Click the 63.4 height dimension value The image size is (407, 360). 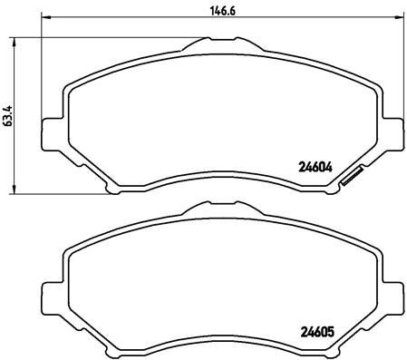point(8,114)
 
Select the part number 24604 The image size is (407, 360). point(315,167)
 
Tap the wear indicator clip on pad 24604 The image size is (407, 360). point(350,181)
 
